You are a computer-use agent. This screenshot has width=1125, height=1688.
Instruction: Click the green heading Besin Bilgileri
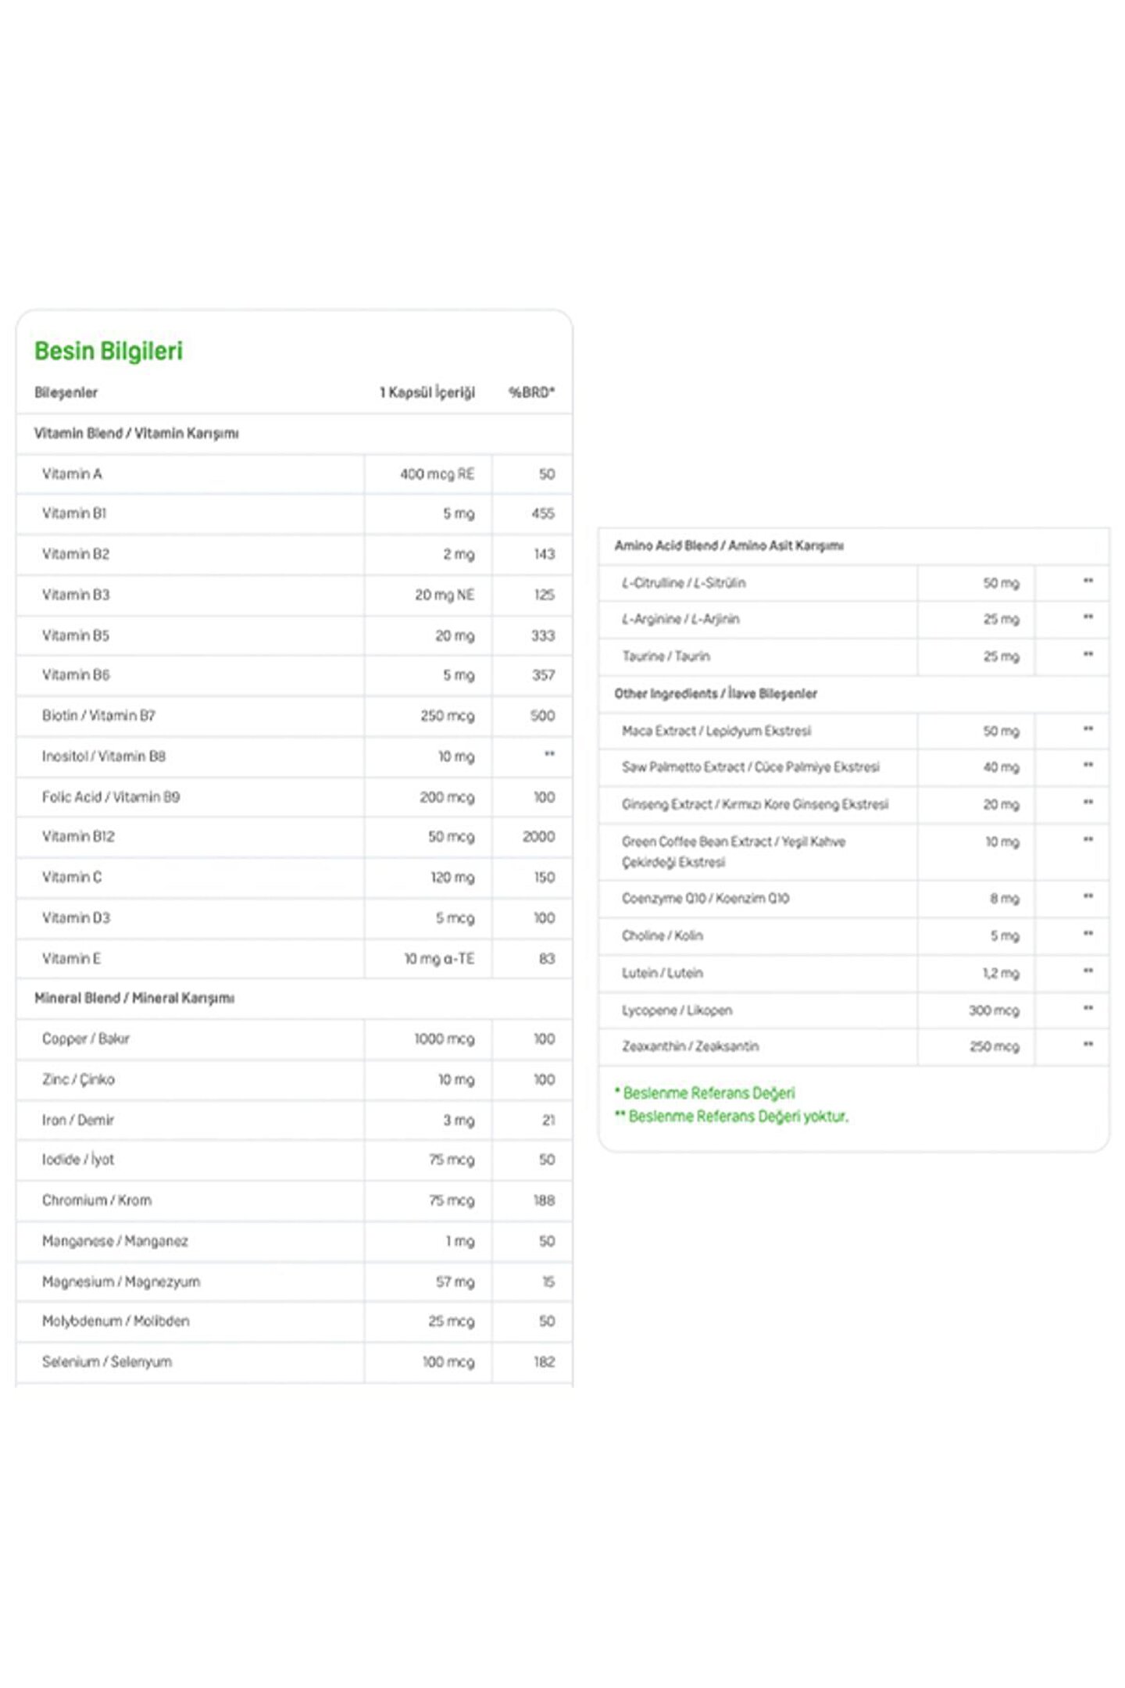click(x=109, y=351)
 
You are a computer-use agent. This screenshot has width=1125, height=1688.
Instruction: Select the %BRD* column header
click(x=531, y=392)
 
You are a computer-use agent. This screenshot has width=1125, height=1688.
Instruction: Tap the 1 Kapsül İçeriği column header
click(x=427, y=392)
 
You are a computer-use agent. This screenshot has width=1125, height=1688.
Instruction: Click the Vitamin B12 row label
click(x=78, y=836)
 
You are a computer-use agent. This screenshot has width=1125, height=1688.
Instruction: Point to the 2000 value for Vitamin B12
click(x=538, y=836)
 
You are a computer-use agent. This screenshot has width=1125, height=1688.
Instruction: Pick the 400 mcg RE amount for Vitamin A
click(x=437, y=474)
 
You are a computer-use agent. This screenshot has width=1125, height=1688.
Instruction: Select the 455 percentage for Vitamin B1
click(x=542, y=513)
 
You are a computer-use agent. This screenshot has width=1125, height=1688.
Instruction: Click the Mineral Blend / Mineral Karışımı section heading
click(x=134, y=998)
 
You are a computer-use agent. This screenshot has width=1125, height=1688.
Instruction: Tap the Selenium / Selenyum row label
click(x=107, y=1361)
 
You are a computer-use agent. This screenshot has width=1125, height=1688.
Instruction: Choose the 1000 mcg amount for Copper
click(x=444, y=1039)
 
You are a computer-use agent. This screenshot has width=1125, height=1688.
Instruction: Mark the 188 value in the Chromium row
click(x=544, y=1200)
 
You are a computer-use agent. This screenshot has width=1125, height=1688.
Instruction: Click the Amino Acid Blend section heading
click(x=728, y=545)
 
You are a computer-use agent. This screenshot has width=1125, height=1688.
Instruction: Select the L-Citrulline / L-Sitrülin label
click(x=684, y=583)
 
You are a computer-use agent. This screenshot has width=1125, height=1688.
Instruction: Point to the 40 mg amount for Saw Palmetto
click(x=1001, y=767)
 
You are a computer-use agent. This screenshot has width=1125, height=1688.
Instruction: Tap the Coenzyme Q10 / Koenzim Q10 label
click(x=705, y=899)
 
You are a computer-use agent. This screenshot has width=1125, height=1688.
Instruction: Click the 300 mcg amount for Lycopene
click(x=994, y=1010)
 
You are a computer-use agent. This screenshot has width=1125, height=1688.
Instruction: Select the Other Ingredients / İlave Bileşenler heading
click(x=716, y=693)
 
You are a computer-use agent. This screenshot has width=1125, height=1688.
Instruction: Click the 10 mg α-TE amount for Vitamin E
click(x=439, y=958)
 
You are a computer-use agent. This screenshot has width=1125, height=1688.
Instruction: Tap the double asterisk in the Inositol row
click(x=549, y=754)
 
